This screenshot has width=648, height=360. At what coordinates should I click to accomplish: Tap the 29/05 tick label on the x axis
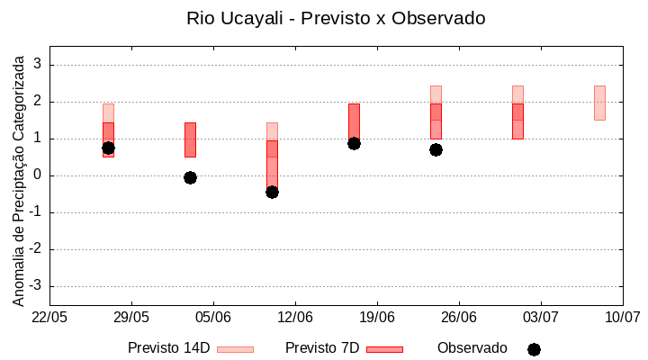pyautogui.click(x=131, y=317)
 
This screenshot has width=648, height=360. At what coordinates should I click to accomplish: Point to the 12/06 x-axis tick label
pyautogui.click(x=295, y=317)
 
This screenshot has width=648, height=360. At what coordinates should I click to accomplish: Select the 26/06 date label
pyautogui.click(x=459, y=317)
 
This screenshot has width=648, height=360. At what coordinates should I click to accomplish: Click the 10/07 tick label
pyautogui.click(x=622, y=317)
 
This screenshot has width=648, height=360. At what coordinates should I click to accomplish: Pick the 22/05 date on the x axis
pyautogui.click(x=49, y=317)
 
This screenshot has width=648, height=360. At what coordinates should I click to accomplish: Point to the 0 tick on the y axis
pyautogui.click(x=39, y=175)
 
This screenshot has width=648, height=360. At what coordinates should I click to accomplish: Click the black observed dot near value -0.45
pyautogui.click(x=272, y=192)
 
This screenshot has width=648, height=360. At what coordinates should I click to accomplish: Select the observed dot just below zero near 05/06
pyautogui.click(x=190, y=177)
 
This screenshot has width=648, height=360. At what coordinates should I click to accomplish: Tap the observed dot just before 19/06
pyautogui.click(x=354, y=143)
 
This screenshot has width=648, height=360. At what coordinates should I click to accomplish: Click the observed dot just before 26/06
pyautogui.click(x=436, y=149)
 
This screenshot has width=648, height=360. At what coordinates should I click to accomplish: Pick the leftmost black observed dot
pyautogui.click(x=108, y=148)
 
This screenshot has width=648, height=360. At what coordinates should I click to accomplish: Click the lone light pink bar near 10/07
pyautogui.click(x=599, y=103)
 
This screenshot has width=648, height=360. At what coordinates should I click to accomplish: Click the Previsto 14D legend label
pyautogui.click(x=168, y=348)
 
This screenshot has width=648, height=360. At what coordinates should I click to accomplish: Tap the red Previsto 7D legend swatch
pyautogui.click(x=384, y=349)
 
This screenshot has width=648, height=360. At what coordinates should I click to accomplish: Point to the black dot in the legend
pyautogui.click(x=534, y=349)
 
